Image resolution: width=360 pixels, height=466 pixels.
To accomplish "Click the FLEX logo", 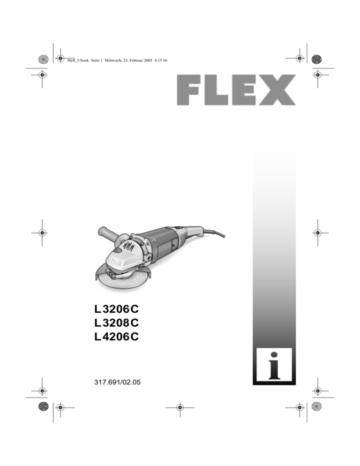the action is click(x=236, y=90).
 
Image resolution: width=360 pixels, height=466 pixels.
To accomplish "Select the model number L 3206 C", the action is click(x=117, y=309).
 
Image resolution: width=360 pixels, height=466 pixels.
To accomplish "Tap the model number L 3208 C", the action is click(x=117, y=323).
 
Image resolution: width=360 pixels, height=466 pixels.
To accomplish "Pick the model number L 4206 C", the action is click(x=117, y=337).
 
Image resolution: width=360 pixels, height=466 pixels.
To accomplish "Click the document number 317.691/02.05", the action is click(x=117, y=382).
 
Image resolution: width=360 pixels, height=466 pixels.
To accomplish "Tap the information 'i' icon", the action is click(x=274, y=366).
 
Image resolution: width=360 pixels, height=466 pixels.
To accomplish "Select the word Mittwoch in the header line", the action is click(x=112, y=60).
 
